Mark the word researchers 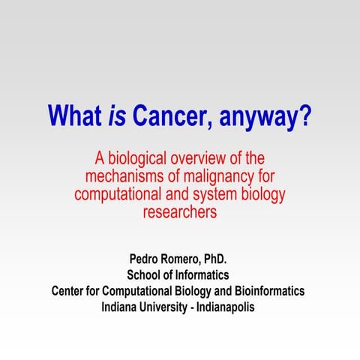179,212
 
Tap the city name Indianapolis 226,306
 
